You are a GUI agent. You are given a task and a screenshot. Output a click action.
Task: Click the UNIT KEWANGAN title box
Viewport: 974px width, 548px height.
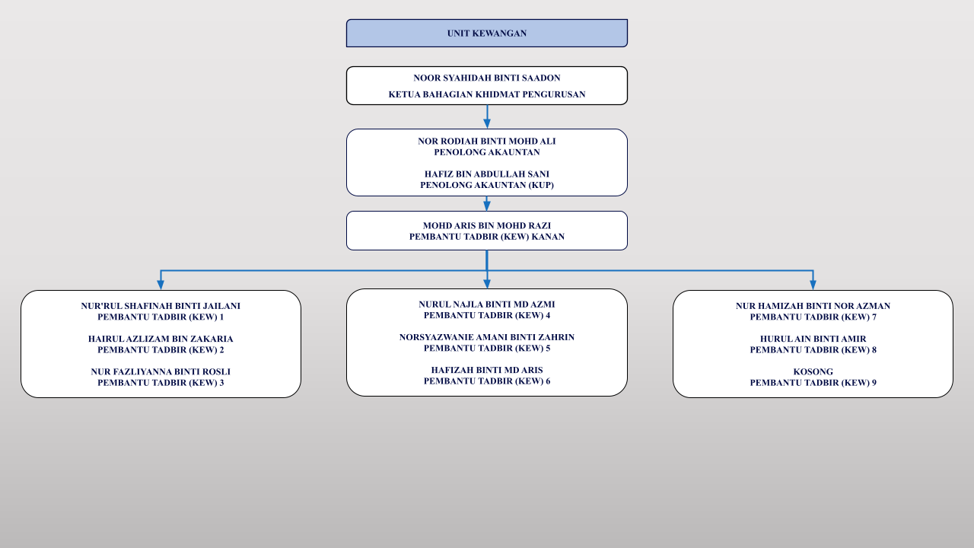486,33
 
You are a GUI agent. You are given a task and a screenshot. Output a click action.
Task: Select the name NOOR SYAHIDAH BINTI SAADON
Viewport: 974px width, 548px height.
486,78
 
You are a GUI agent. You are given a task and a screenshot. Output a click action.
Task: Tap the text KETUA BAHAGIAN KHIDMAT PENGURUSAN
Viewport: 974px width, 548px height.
486,94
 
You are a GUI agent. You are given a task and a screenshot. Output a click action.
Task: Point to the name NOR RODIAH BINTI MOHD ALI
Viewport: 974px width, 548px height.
486,142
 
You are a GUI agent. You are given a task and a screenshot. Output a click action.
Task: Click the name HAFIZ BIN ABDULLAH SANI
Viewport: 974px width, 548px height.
486,174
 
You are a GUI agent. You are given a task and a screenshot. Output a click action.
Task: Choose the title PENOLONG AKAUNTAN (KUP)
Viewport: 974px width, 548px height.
486,185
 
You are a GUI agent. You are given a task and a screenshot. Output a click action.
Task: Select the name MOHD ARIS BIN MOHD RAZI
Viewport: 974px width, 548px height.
486,226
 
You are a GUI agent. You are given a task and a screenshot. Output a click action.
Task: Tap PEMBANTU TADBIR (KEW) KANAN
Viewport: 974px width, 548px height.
486,237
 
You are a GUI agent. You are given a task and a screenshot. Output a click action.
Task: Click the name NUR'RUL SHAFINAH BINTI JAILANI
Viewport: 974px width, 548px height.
161,306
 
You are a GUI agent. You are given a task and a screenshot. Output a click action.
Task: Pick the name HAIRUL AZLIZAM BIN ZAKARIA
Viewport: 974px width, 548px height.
161,339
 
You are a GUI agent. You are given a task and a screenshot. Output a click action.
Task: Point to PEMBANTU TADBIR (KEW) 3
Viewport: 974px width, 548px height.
161,383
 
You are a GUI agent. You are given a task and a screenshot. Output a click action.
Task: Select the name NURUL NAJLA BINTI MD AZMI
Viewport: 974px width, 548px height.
486,304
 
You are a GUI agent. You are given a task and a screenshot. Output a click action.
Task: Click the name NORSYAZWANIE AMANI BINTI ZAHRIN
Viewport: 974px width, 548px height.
486,337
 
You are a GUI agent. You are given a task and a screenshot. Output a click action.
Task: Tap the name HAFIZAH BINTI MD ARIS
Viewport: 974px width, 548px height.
486,370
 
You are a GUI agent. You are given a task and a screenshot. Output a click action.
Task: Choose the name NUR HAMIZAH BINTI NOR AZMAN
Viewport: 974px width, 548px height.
813,306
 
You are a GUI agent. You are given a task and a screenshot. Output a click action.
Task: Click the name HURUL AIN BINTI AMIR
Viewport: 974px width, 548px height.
813,339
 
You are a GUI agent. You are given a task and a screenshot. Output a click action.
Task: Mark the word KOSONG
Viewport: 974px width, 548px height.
813,372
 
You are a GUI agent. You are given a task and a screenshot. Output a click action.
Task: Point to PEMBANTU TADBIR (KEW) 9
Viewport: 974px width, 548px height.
813,383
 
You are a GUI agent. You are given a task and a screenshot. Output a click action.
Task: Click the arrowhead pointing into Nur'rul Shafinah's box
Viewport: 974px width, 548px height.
161,285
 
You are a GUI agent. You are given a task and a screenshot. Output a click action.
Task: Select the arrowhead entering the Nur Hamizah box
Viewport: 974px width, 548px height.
813,285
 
